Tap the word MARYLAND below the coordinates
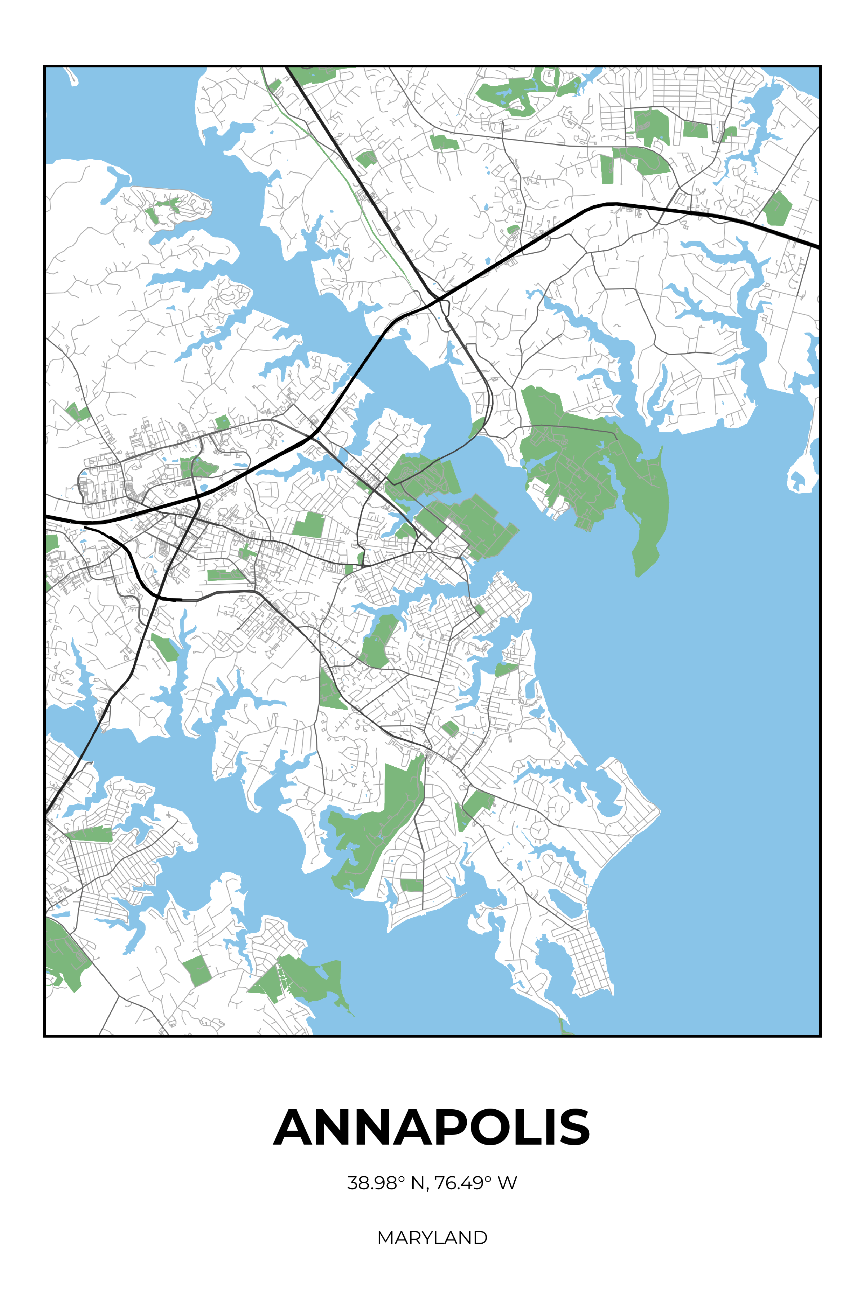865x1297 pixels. tap(432, 1238)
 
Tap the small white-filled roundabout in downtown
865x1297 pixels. tap(429, 550)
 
